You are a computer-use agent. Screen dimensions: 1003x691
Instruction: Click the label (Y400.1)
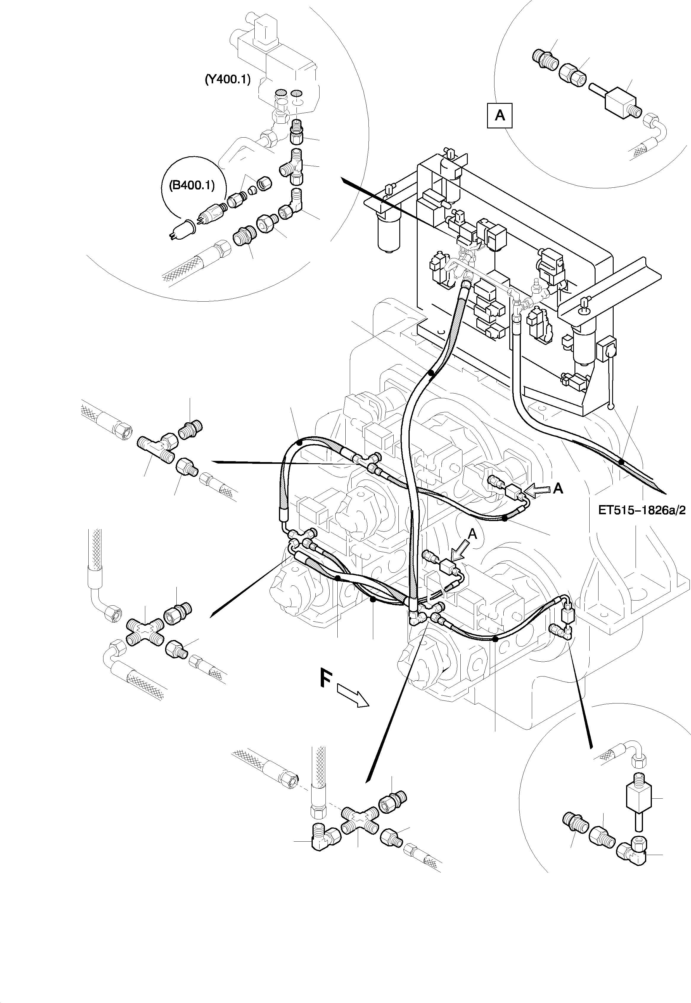(227, 80)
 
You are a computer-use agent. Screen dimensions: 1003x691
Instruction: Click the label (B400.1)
(192, 185)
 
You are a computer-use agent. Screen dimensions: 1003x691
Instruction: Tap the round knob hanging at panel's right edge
(610, 406)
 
